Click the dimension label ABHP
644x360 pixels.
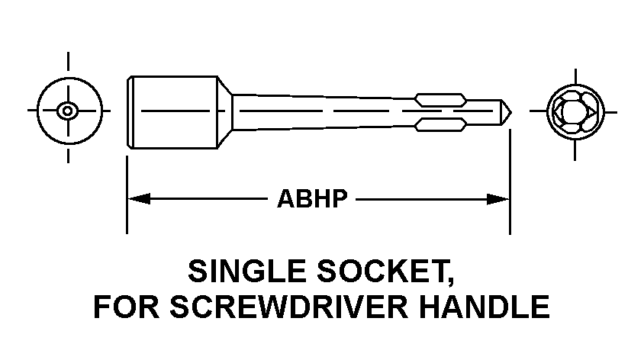[x=312, y=199]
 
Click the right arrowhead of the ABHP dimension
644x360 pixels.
[x=500, y=199]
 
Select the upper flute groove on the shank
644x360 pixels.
[x=440, y=99]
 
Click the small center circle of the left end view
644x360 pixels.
[x=68, y=111]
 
